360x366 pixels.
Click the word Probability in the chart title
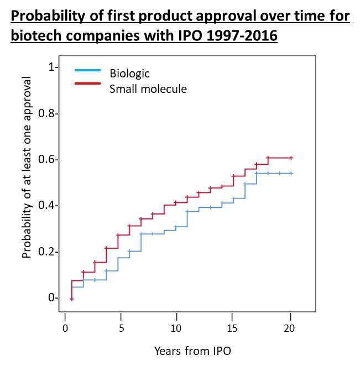coord(47,16)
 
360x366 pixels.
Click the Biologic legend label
coord(129,74)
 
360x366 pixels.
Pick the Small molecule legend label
coord(148,88)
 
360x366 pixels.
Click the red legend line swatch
coord(87,83)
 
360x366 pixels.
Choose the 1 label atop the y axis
coord(52,67)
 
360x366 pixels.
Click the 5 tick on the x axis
coord(121,328)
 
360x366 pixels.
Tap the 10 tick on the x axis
coord(176,328)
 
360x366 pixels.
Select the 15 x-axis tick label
coord(233,328)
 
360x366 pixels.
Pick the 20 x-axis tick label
coord(289,328)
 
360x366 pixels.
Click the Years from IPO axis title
coord(192,351)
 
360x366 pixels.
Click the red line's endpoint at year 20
coord(291,158)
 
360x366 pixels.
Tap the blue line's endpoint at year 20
coord(291,173)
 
